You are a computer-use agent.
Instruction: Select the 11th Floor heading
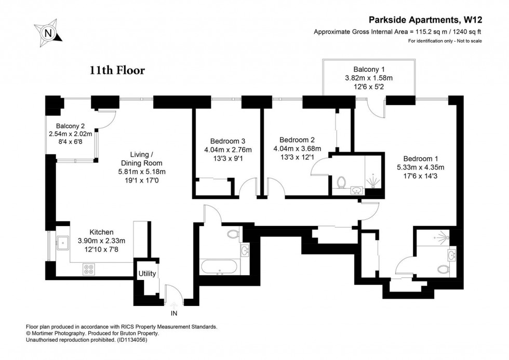click(116, 71)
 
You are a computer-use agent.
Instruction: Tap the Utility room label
click(147, 273)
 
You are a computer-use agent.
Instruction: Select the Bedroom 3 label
click(227, 141)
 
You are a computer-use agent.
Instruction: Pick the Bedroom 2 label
click(297, 140)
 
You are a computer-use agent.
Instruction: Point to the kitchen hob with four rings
click(89, 269)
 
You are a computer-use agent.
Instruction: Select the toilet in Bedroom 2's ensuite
click(342, 182)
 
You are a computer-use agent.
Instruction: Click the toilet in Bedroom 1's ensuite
click(443, 269)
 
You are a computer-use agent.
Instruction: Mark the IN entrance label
click(173, 313)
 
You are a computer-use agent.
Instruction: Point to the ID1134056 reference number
click(136, 340)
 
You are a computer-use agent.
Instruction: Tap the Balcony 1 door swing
click(375, 108)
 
